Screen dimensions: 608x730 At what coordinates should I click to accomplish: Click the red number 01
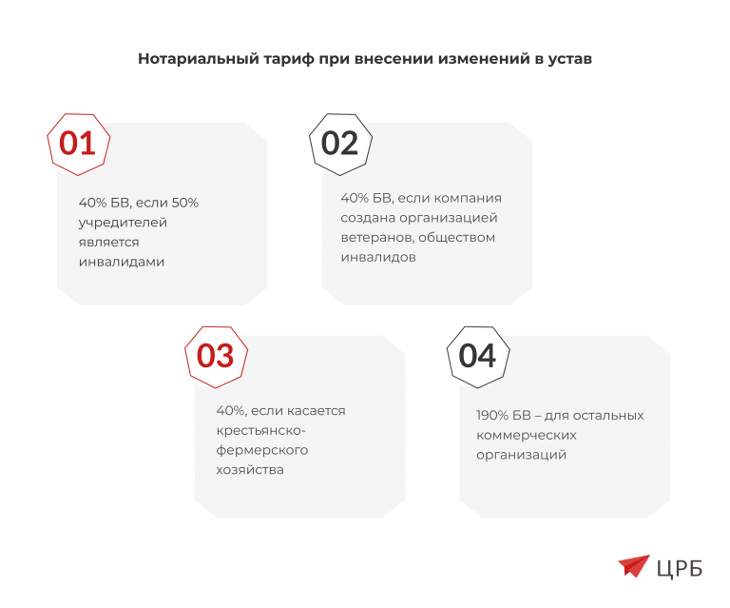click(78, 143)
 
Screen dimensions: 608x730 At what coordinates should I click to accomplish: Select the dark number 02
click(339, 143)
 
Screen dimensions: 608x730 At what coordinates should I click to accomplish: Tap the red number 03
click(215, 355)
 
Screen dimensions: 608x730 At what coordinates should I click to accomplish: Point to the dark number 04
click(477, 355)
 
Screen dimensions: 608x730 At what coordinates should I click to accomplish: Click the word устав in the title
click(568, 59)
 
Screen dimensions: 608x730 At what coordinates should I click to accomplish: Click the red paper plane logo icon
click(633, 566)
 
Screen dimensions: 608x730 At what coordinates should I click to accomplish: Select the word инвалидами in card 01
click(122, 262)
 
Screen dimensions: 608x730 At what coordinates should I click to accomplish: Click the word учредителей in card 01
click(123, 222)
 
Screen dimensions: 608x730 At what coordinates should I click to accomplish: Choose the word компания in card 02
click(468, 198)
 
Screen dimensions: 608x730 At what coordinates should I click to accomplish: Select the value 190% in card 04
click(494, 415)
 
